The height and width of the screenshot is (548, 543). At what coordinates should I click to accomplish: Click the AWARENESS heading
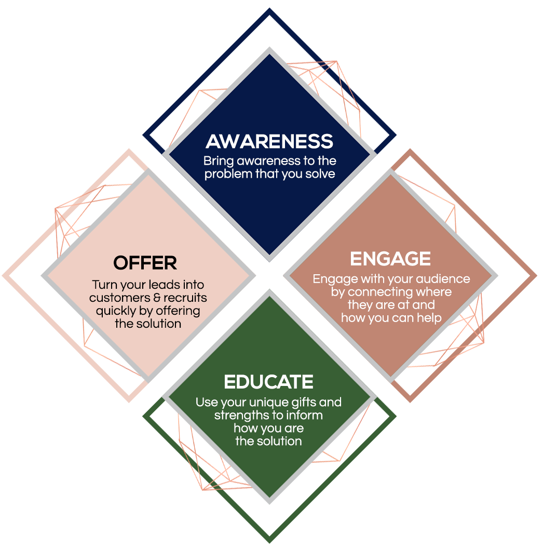pyautogui.click(x=269, y=141)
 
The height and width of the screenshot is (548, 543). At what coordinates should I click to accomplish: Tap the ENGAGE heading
pyautogui.click(x=390, y=259)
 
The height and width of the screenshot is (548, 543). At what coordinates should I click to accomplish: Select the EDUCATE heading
pyautogui.click(x=268, y=382)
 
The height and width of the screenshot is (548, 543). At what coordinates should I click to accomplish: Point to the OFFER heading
pyautogui.click(x=145, y=263)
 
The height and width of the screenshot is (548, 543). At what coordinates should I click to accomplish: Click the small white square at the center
pyautogui.click(x=269, y=275)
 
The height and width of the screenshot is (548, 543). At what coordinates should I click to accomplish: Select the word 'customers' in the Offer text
pyautogui.click(x=117, y=298)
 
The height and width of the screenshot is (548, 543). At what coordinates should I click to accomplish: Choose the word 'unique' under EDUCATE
pyautogui.click(x=266, y=403)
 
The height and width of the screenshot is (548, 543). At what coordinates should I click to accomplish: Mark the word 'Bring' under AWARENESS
pyautogui.click(x=217, y=161)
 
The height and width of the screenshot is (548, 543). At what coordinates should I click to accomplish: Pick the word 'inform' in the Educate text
pyautogui.click(x=305, y=416)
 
